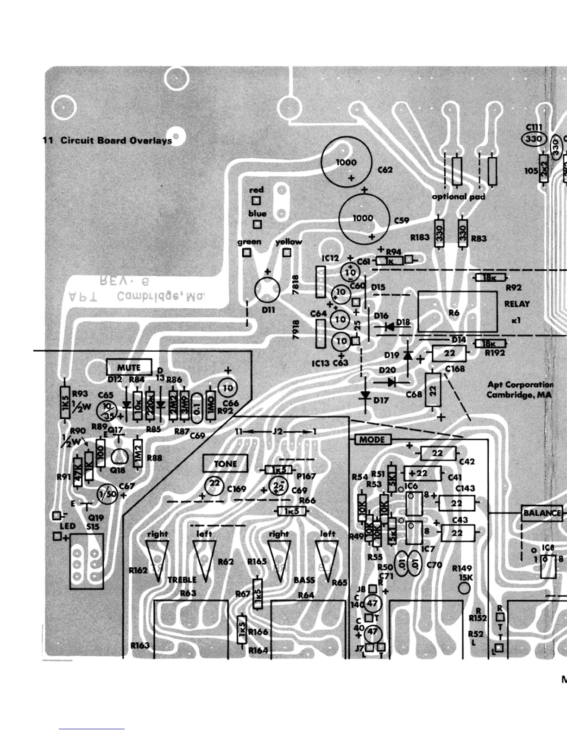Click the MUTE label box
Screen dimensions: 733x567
pos(129,367)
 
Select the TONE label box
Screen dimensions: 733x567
pos(225,464)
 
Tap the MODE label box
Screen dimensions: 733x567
pos(372,439)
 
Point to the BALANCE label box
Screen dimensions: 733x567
pos(542,513)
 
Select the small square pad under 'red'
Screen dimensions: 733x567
pos(256,201)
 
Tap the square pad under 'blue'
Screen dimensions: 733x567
pos(257,224)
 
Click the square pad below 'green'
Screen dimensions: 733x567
pos(247,253)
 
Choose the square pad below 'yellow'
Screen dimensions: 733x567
pos(287,253)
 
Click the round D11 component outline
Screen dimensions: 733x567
pos(268,290)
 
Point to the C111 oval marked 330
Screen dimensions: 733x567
pos(534,138)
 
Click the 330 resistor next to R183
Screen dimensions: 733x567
pos(439,233)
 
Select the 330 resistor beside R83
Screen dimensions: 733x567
pos(462,233)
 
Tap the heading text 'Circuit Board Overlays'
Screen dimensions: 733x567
pos(116,140)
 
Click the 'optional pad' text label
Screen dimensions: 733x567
pos(458,197)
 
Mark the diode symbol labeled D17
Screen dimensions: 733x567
pos(365,396)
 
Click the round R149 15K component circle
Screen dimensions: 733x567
pos(463,588)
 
